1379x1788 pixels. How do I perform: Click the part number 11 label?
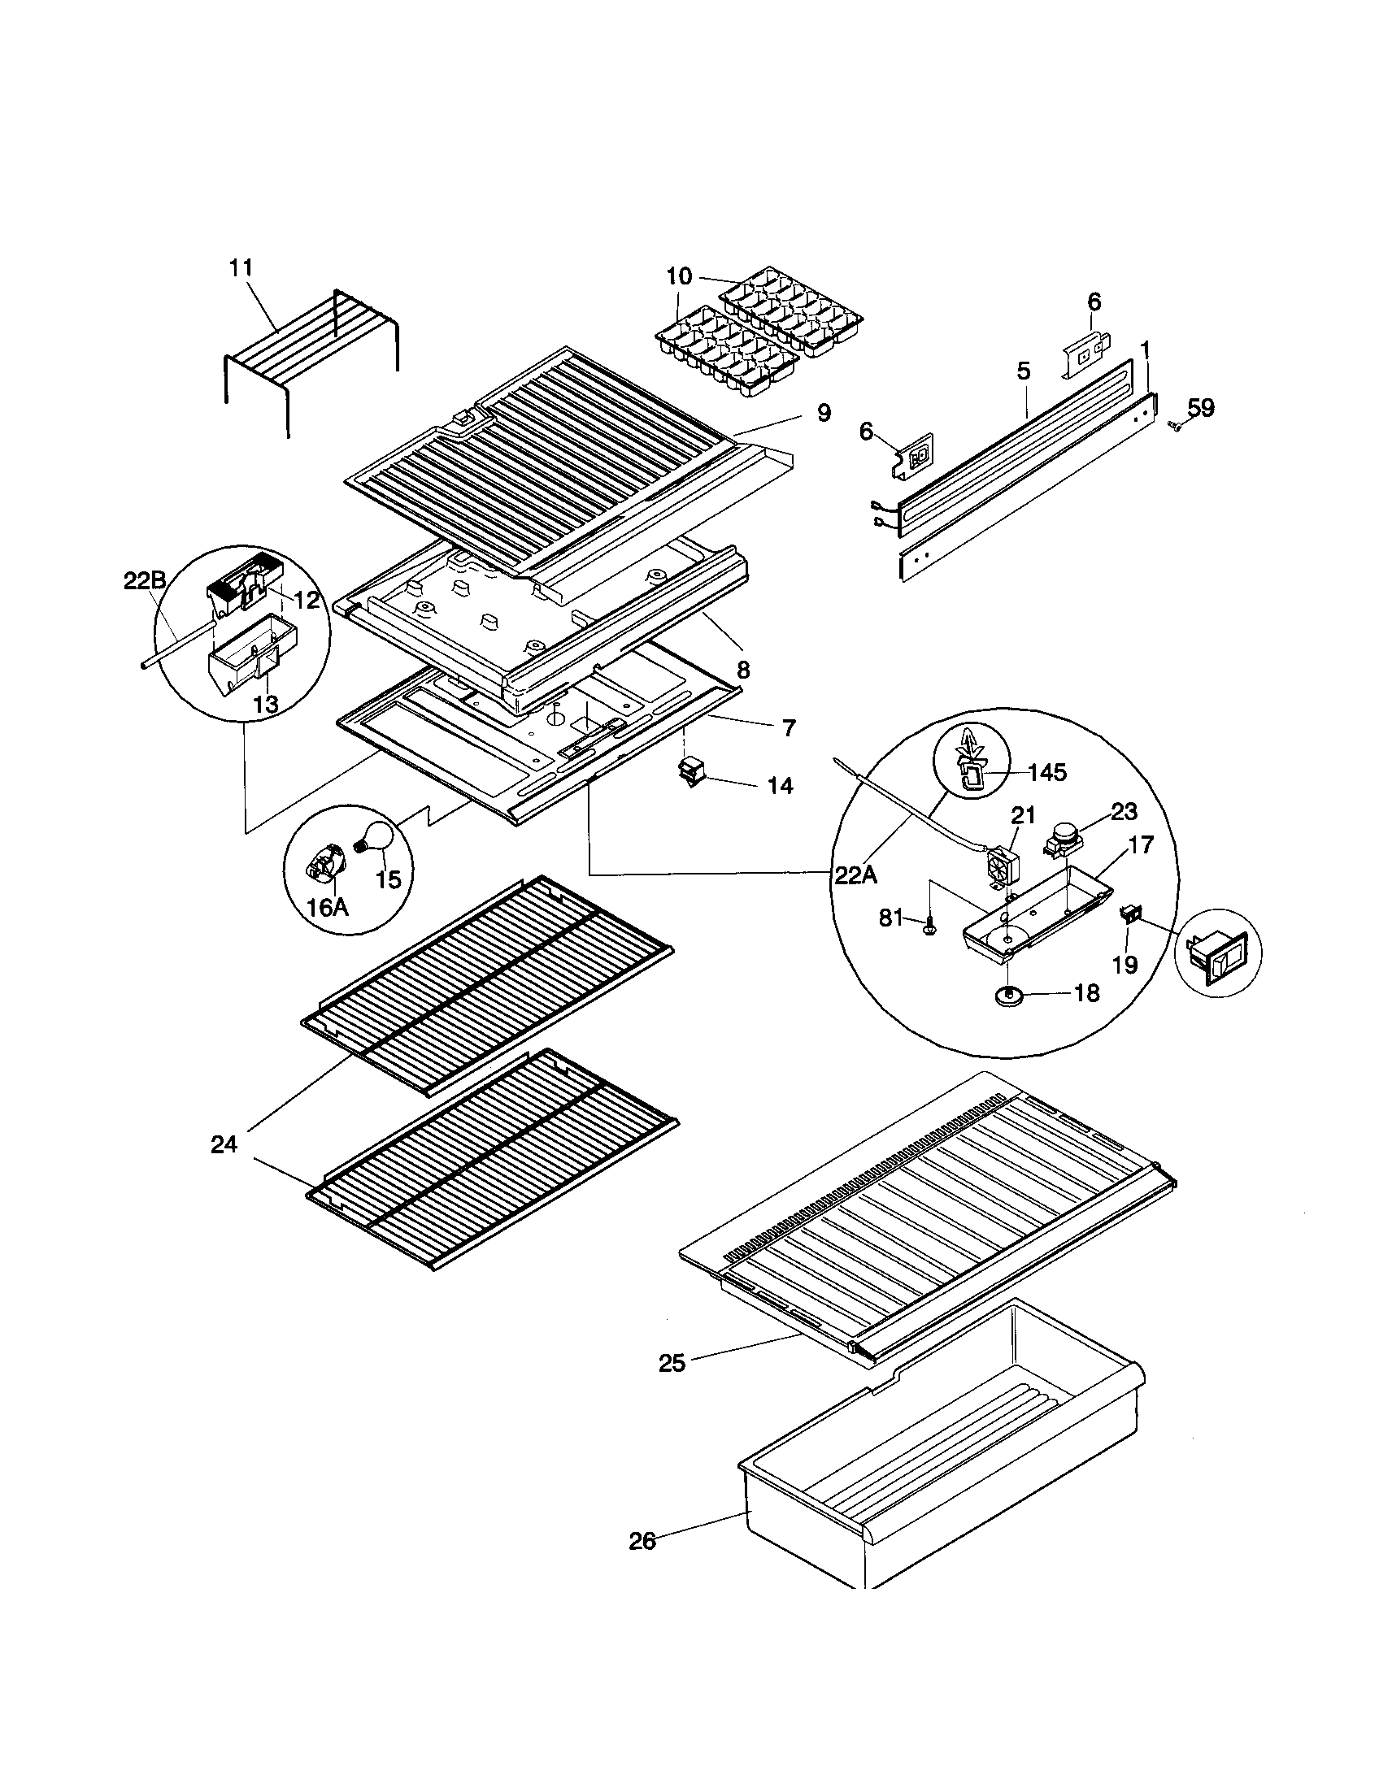coord(241,267)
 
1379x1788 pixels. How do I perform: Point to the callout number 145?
coord(1047,772)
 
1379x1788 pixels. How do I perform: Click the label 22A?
coord(855,876)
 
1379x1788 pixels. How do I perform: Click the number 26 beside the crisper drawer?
coord(643,1542)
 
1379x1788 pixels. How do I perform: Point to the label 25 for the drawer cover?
coord(672,1363)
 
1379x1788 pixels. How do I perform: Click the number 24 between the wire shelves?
coord(224,1144)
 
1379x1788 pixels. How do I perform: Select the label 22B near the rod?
coord(144,580)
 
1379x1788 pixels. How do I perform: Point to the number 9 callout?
coord(823,413)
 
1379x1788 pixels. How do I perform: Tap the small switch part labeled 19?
coord(1130,915)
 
